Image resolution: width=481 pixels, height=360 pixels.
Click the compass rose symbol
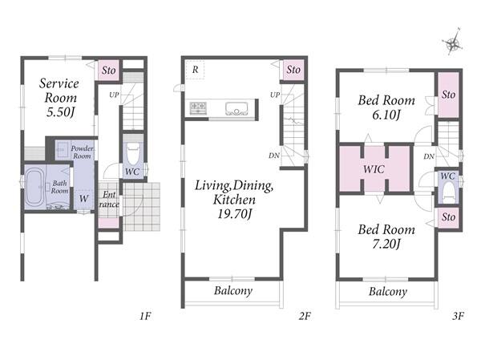453,42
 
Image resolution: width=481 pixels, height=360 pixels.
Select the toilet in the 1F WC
133,153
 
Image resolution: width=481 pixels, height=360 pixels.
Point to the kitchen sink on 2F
236,109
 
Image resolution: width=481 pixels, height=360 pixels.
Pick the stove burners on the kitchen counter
198,107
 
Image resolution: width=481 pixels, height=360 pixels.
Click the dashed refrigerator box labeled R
195,70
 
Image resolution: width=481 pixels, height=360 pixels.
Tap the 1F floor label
145,316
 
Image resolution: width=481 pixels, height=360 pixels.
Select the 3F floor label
458,316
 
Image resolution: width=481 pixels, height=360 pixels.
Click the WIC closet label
374,169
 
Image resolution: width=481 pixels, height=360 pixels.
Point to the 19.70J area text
235,213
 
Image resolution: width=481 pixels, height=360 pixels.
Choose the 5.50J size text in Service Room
60,112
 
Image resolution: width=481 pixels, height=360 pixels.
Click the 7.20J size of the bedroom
386,244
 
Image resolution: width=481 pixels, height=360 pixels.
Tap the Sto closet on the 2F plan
293,70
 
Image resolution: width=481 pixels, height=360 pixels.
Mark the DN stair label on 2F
274,156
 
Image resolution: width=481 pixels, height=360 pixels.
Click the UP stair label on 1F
114,95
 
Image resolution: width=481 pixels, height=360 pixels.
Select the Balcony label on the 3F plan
388,292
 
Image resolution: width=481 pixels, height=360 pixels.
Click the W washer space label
83,198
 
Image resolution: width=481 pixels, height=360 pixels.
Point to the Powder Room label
82,152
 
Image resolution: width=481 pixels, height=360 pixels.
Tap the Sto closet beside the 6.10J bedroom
448,95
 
